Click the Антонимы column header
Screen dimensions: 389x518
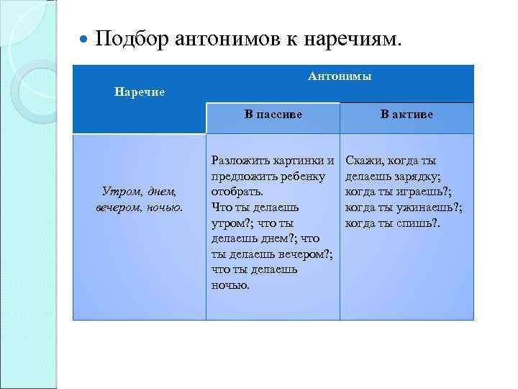pyautogui.click(x=340, y=76)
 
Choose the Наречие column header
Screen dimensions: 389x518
pyautogui.click(x=140, y=92)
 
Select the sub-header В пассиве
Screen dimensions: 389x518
pyautogui.click(x=273, y=114)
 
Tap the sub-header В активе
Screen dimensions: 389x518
pyautogui.click(x=406, y=114)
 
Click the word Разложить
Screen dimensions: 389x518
pyautogui.click(x=239, y=161)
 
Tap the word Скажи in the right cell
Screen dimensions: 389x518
pyautogui.click(x=364, y=161)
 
